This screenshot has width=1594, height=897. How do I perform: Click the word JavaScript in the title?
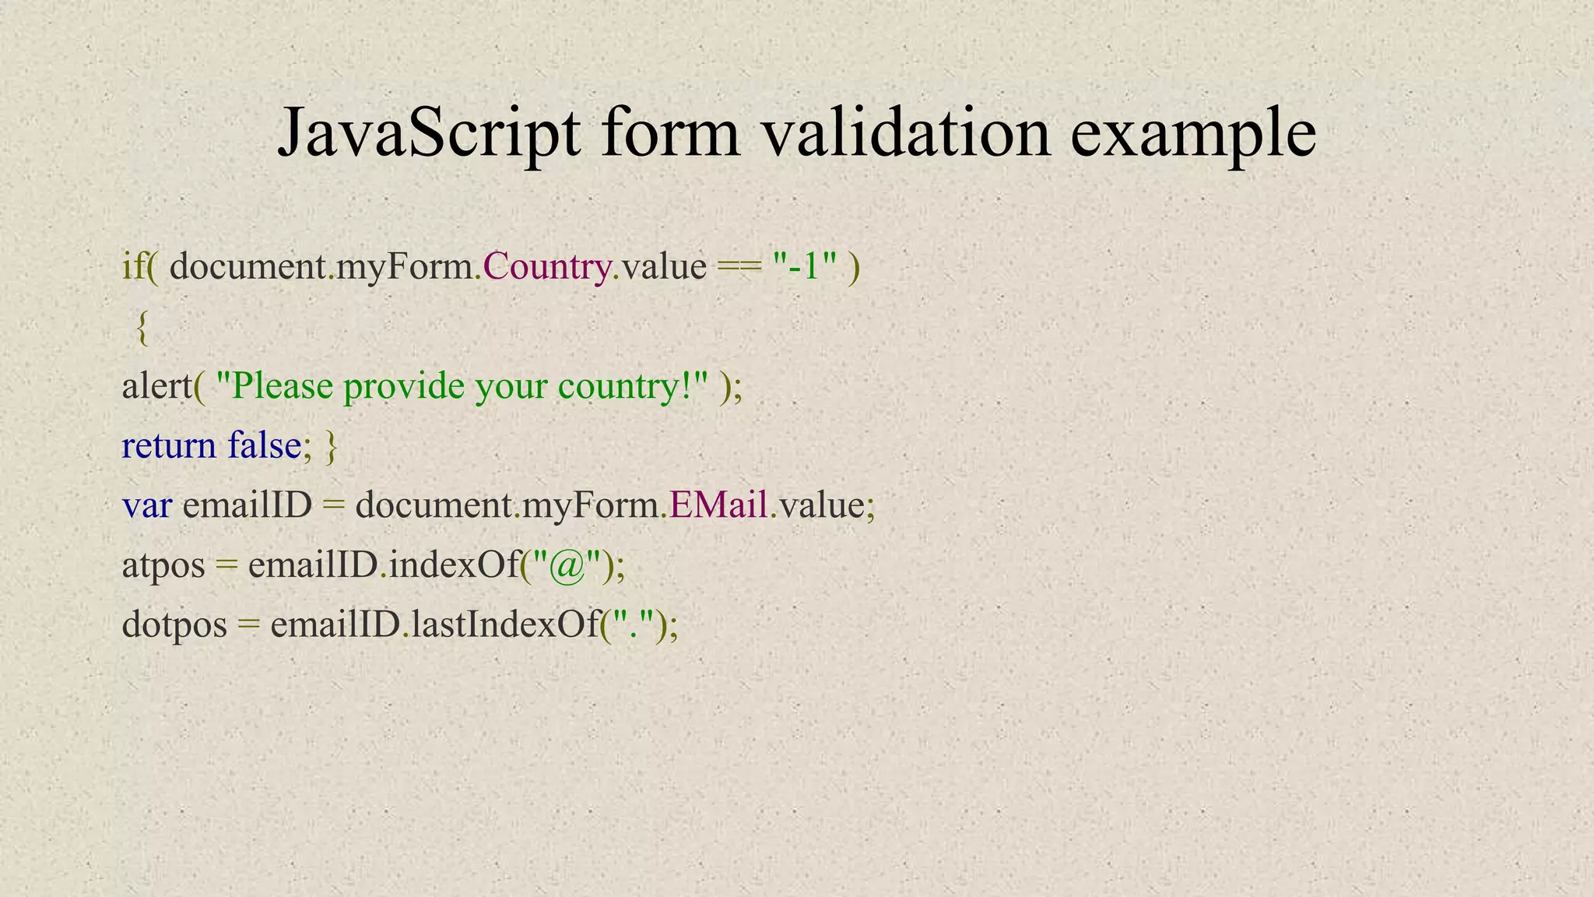click(x=429, y=134)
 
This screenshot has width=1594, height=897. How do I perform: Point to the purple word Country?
click(x=546, y=267)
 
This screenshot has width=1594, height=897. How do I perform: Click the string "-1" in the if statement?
click(x=804, y=266)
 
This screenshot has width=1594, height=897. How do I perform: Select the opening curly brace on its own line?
click(x=142, y=327)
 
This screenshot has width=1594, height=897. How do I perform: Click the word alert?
click(x=156, y=386)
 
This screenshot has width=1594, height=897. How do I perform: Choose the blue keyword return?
click(x=169, y=446)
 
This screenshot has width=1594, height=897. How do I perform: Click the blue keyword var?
click(x=146, y=506)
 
